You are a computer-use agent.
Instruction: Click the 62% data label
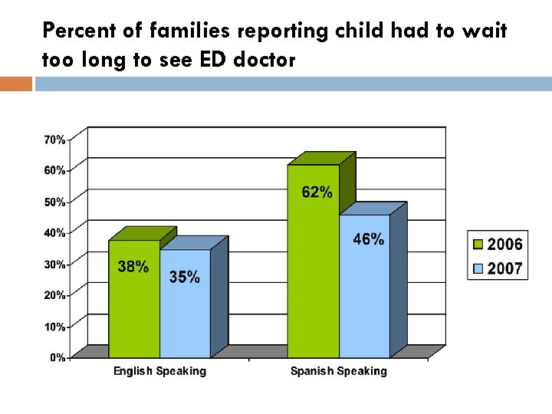[x=317, y=192]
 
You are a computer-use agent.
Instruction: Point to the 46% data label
[x=368, y=239]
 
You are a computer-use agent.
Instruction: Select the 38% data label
[x=133, y=267]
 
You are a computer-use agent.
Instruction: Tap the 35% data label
[x=184, y=277]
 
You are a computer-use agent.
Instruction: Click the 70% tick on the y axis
[x=54, y=140]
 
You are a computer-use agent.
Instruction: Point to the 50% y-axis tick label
[x=54, y=202]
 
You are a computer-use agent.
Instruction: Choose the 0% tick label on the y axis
[x=58, y=357]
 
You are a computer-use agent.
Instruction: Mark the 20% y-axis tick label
[x=54, y=295]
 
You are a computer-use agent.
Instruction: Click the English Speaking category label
[x=159, y=371]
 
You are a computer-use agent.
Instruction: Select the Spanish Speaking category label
[x=338, y=371]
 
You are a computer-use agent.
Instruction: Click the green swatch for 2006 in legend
[x=478, y=245]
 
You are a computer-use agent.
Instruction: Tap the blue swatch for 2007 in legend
[x=478, y=268]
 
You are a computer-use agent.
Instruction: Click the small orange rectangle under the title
[x=15, y=84]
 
